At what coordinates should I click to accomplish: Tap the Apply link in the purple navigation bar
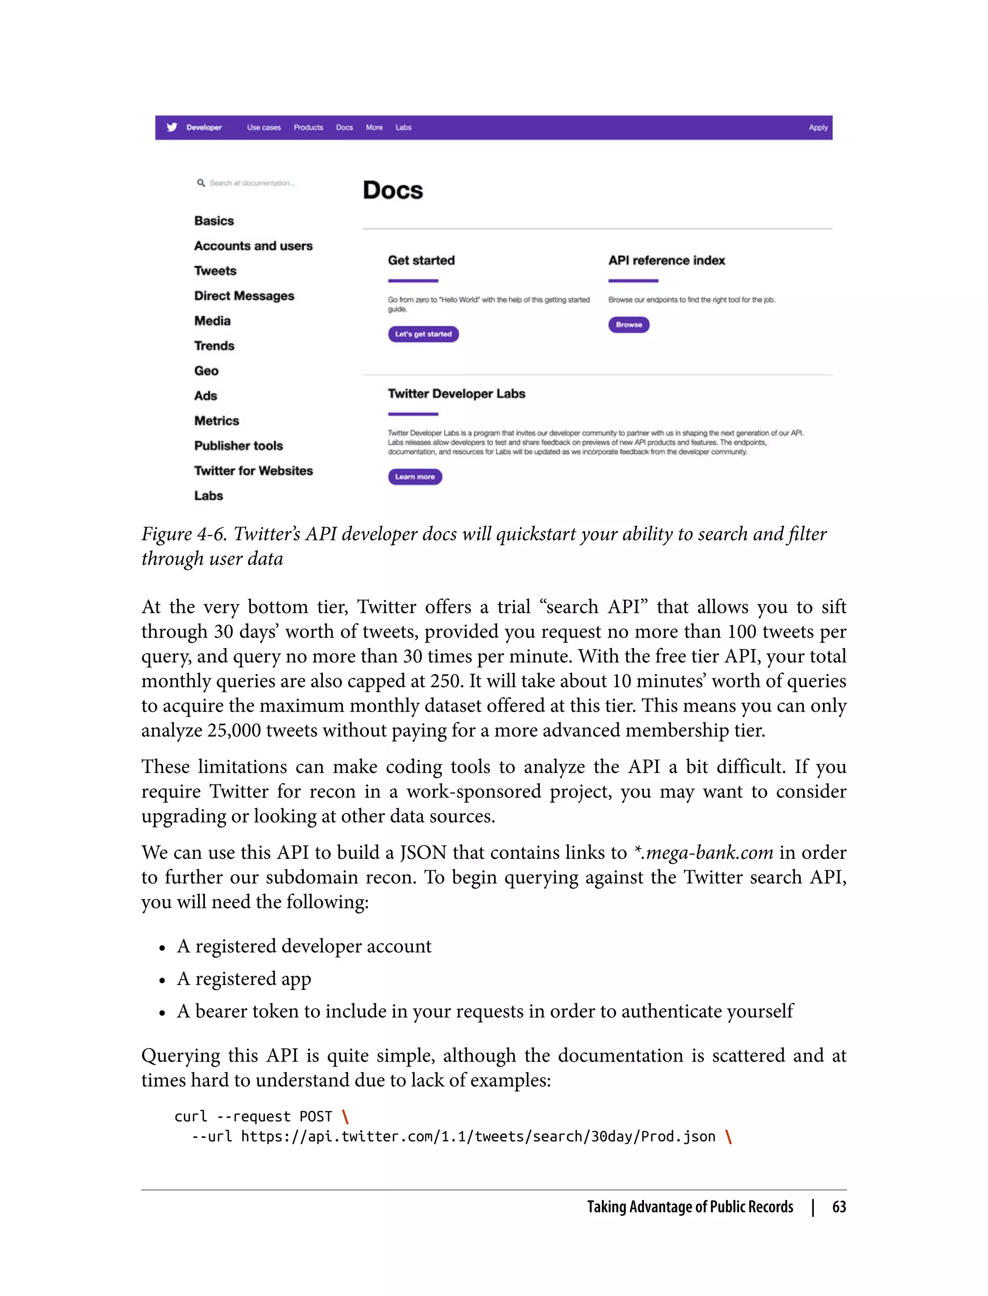[817, 128]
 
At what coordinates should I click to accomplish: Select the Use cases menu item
[263, 128]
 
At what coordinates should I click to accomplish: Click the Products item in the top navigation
[308, 128]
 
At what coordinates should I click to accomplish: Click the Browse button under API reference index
[629, 324]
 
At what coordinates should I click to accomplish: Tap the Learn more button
[414, 477]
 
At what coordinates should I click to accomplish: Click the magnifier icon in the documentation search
[201, 183]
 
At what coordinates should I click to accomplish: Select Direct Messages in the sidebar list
[244, 296]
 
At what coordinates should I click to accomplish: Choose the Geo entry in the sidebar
[206, 371]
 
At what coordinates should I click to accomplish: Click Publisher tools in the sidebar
[238, 445]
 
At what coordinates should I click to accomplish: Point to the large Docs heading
[393, 190]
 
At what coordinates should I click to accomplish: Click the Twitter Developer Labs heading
[456, 394]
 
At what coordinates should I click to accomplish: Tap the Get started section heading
[421, 260]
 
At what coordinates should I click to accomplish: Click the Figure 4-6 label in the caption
[184, 534]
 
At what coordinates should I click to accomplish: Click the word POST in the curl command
[316, 1117]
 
